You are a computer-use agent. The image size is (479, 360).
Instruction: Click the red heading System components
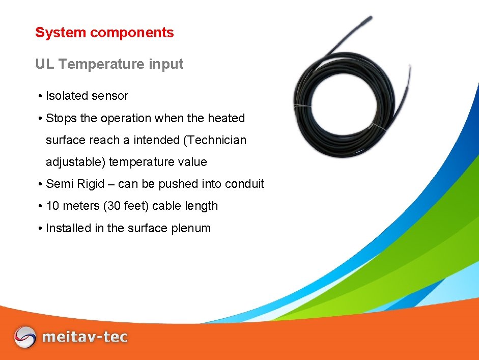[104, 33]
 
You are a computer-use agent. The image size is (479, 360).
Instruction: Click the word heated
[226, 118]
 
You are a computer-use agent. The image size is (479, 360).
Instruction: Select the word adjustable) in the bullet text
[75, 162]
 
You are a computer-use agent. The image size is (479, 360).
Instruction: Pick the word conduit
[244, 184]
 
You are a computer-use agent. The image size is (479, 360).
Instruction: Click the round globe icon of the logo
[25, 337]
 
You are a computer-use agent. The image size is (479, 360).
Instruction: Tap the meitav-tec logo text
[85, 337]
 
